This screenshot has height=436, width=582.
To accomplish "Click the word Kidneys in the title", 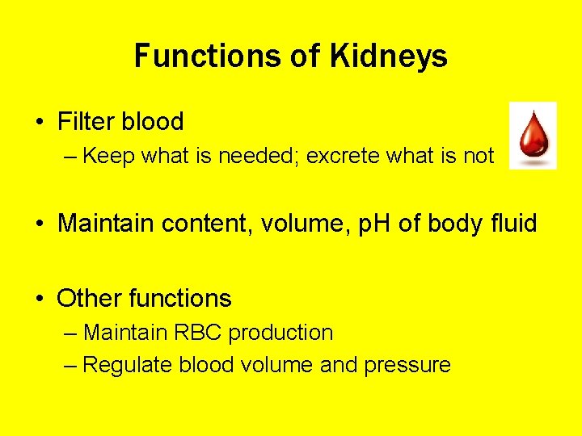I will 388,57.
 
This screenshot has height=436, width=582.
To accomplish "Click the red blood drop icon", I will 532,136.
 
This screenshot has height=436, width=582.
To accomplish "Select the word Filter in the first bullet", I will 86,122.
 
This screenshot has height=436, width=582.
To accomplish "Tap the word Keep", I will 109,156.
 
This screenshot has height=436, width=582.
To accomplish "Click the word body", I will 454,223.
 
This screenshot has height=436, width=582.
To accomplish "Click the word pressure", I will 407,366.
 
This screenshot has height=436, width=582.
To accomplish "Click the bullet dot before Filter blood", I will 40,123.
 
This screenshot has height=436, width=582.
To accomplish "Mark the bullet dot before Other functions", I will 40,299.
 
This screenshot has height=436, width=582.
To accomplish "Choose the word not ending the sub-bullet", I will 479,156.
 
